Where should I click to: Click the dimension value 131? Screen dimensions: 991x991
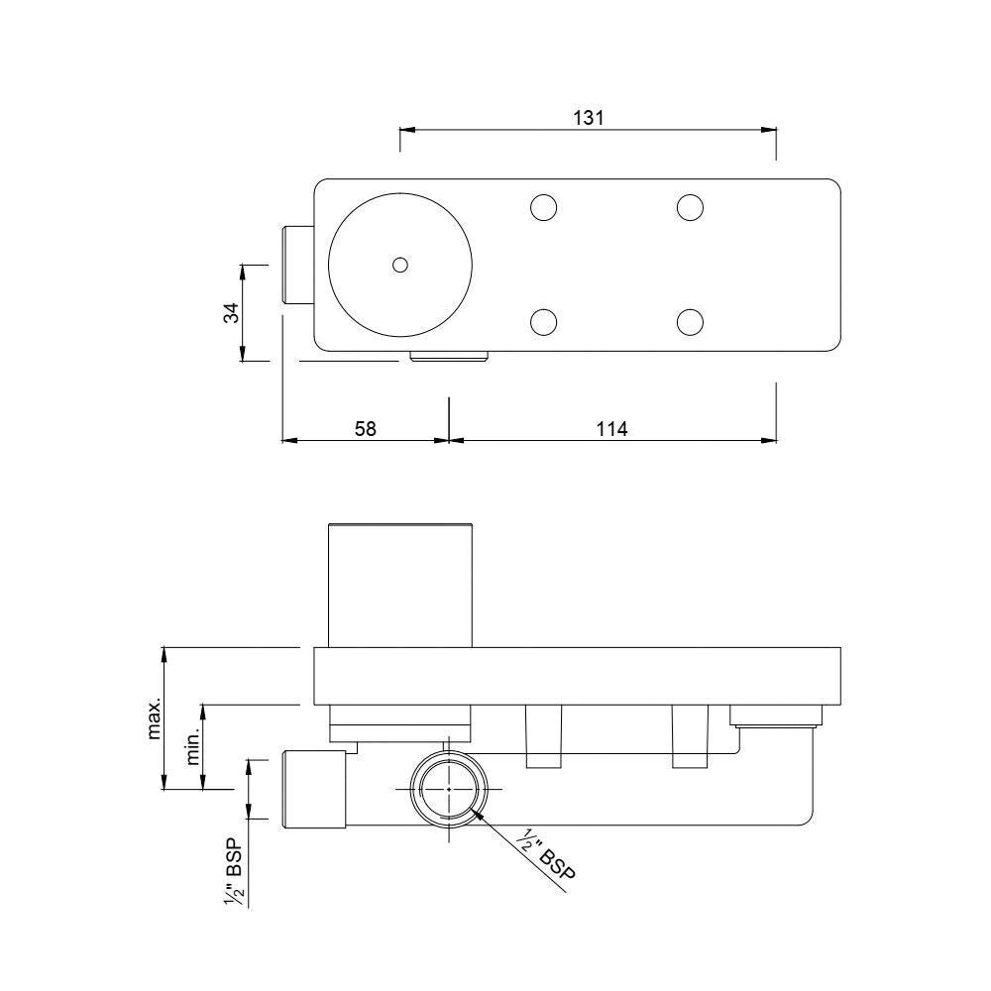pyautogui.click(x=589, y=117)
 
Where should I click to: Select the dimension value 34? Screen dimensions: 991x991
pyautogui.click(x=231, y=313)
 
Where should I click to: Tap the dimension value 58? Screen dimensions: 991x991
pyautogui.click(x=365, y=429)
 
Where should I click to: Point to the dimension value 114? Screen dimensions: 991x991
pyautogui.click(x=612, y=429)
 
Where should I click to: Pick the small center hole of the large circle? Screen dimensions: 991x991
pyautogui.click(x=399, y=265)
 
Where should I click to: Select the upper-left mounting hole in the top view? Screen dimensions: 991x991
pyautogui.click(x=543, y=207)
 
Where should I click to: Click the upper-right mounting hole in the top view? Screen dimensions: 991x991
pyautogui.click(x=690, y=207)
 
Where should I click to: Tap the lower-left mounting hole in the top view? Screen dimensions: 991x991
pyautogui.click(x=543, y=322)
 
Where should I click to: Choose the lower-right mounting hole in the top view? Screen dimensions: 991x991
pyautogui.click(x=690, y=322)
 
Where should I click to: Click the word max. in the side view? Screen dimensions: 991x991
pyautogui.click(x=155, y=719)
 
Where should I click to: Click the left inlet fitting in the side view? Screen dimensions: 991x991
pyautogui.click(x=314, y=789)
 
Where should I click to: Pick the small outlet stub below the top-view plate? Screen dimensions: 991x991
pyautogui.click(x=449, y=356)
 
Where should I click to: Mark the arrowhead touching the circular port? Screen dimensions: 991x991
pyautogui.click(x=479, y=815)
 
